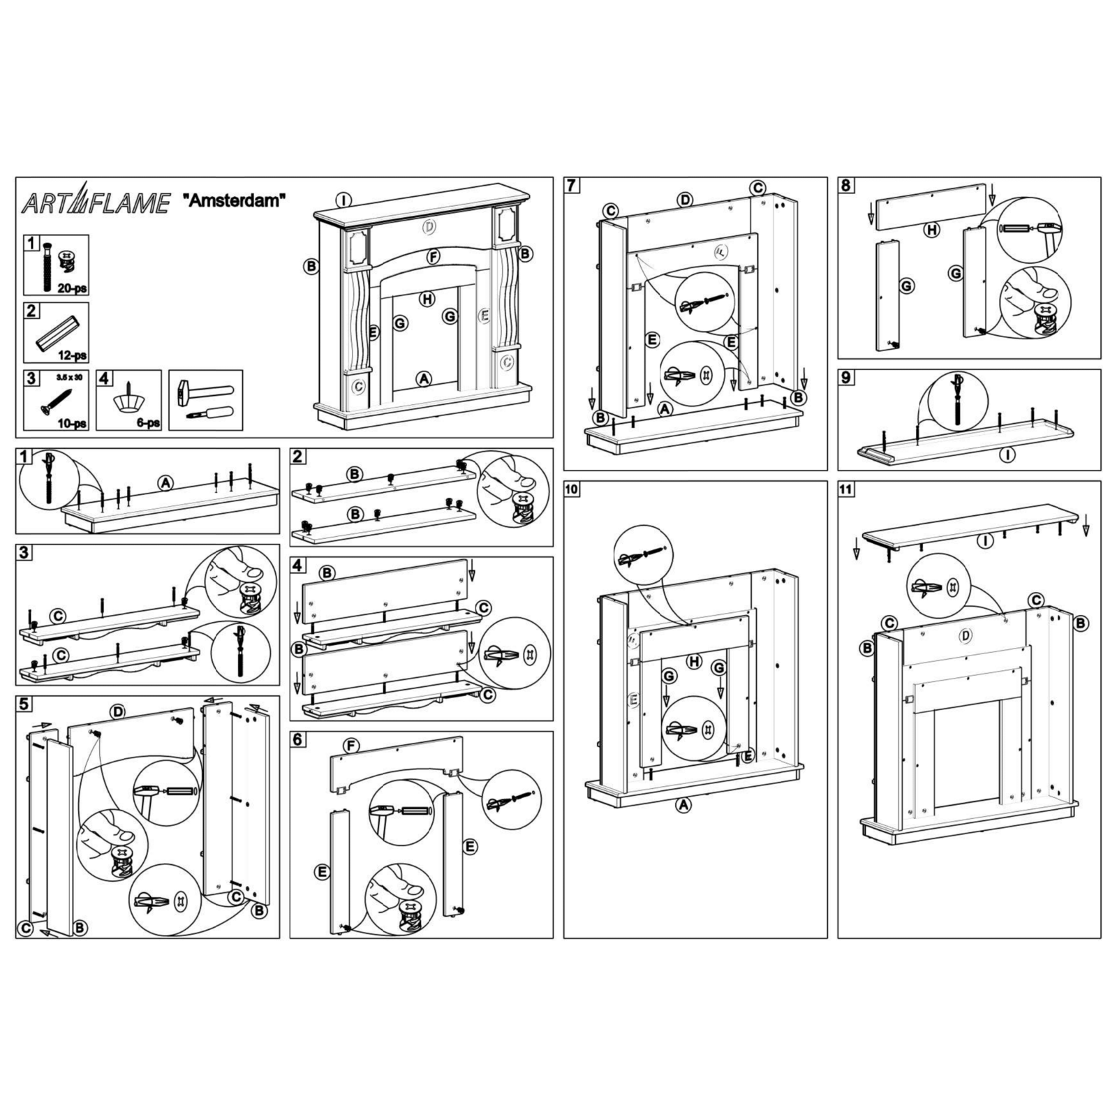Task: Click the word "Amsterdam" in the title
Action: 234,201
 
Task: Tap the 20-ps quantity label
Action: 73,288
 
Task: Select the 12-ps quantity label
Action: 73,355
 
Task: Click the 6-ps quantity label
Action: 147,423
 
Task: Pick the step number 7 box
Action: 572,185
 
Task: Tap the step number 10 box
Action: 572,489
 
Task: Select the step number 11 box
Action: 846,489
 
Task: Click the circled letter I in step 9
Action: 1007,454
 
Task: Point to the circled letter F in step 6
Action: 352,746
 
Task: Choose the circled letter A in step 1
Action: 165,482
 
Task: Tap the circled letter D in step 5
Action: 118,711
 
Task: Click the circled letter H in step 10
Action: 694,661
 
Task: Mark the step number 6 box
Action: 298,739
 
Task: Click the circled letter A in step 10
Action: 683,805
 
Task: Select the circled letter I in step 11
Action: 985,540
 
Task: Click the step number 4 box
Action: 298,565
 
